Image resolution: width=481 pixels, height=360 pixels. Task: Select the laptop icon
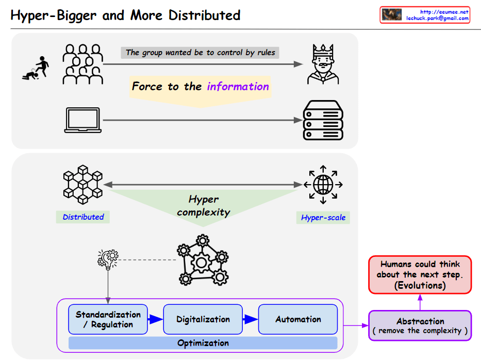82,120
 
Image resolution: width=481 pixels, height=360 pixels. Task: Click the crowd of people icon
82,64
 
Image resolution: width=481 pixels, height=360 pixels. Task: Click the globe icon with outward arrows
323,184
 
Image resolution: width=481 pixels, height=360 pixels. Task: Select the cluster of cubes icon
82,184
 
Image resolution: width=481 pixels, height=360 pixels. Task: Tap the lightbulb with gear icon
108,259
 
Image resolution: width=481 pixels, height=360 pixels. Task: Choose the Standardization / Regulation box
108,319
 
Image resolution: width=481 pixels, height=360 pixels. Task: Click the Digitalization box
203,319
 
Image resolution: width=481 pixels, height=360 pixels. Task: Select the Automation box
298,319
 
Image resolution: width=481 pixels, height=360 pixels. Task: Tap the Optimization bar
203,343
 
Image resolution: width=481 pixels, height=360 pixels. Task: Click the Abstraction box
420,325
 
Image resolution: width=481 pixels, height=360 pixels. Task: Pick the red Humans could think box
420,274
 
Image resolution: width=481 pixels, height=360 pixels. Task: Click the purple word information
238,86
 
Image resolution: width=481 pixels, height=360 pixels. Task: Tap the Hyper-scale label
323,218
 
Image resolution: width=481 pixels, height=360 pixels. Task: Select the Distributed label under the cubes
83,217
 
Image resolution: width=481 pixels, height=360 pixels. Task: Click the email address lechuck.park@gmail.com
437,18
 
